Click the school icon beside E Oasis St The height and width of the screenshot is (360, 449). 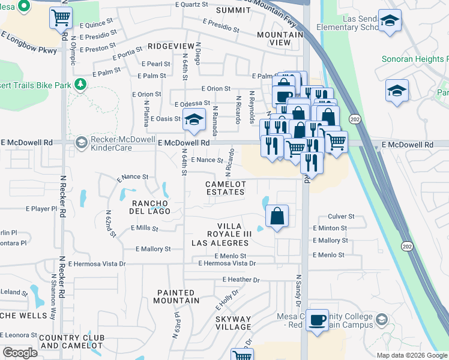coord(194,120)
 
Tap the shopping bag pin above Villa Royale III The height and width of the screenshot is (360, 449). coord(277,216)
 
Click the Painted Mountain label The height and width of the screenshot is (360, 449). coord(178,296)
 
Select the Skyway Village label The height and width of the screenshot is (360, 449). coord(234,323)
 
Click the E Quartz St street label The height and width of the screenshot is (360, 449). coord(191,4)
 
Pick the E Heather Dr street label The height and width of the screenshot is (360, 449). coord(241,280)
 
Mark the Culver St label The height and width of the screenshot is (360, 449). coord(342,216)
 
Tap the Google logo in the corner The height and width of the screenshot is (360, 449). coord(20,353)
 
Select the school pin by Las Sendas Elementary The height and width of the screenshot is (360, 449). coord(390,23)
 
